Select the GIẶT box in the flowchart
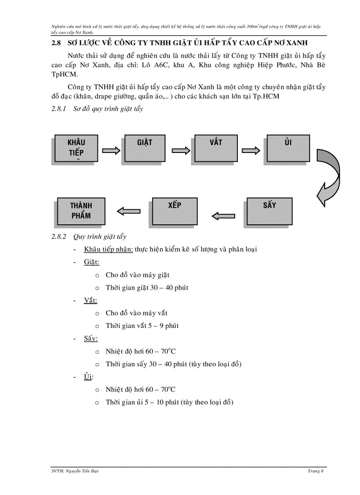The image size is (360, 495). pyautogui.click(x=144, y=148)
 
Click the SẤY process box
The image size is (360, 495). pyautogui.click(x=269, y=211)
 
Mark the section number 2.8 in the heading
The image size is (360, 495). pyautogui.click(x=55, y=43)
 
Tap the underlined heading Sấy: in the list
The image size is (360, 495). pyautogui.click(x=91, y=339)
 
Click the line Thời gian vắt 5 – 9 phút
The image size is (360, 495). pyautogui.click(x=142, y=326)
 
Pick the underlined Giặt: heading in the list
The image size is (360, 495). pyautogui.click(x=91, y=262)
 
